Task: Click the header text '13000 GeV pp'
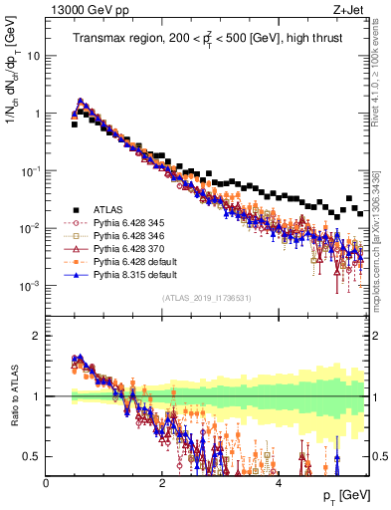click(82, 11)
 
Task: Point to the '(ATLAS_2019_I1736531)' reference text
click(207, 298)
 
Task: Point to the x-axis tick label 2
click(162, 481)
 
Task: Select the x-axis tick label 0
click(47, 481)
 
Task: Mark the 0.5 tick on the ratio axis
click(33, 456)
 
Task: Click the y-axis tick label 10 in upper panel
click(32, 56)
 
